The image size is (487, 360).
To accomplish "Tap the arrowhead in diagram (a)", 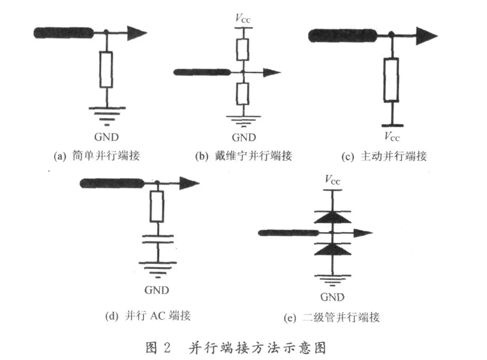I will [x=136, y=32].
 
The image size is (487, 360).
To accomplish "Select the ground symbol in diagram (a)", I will [x=106, y=114].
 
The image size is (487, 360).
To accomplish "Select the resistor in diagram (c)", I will [x=391, y=80].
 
